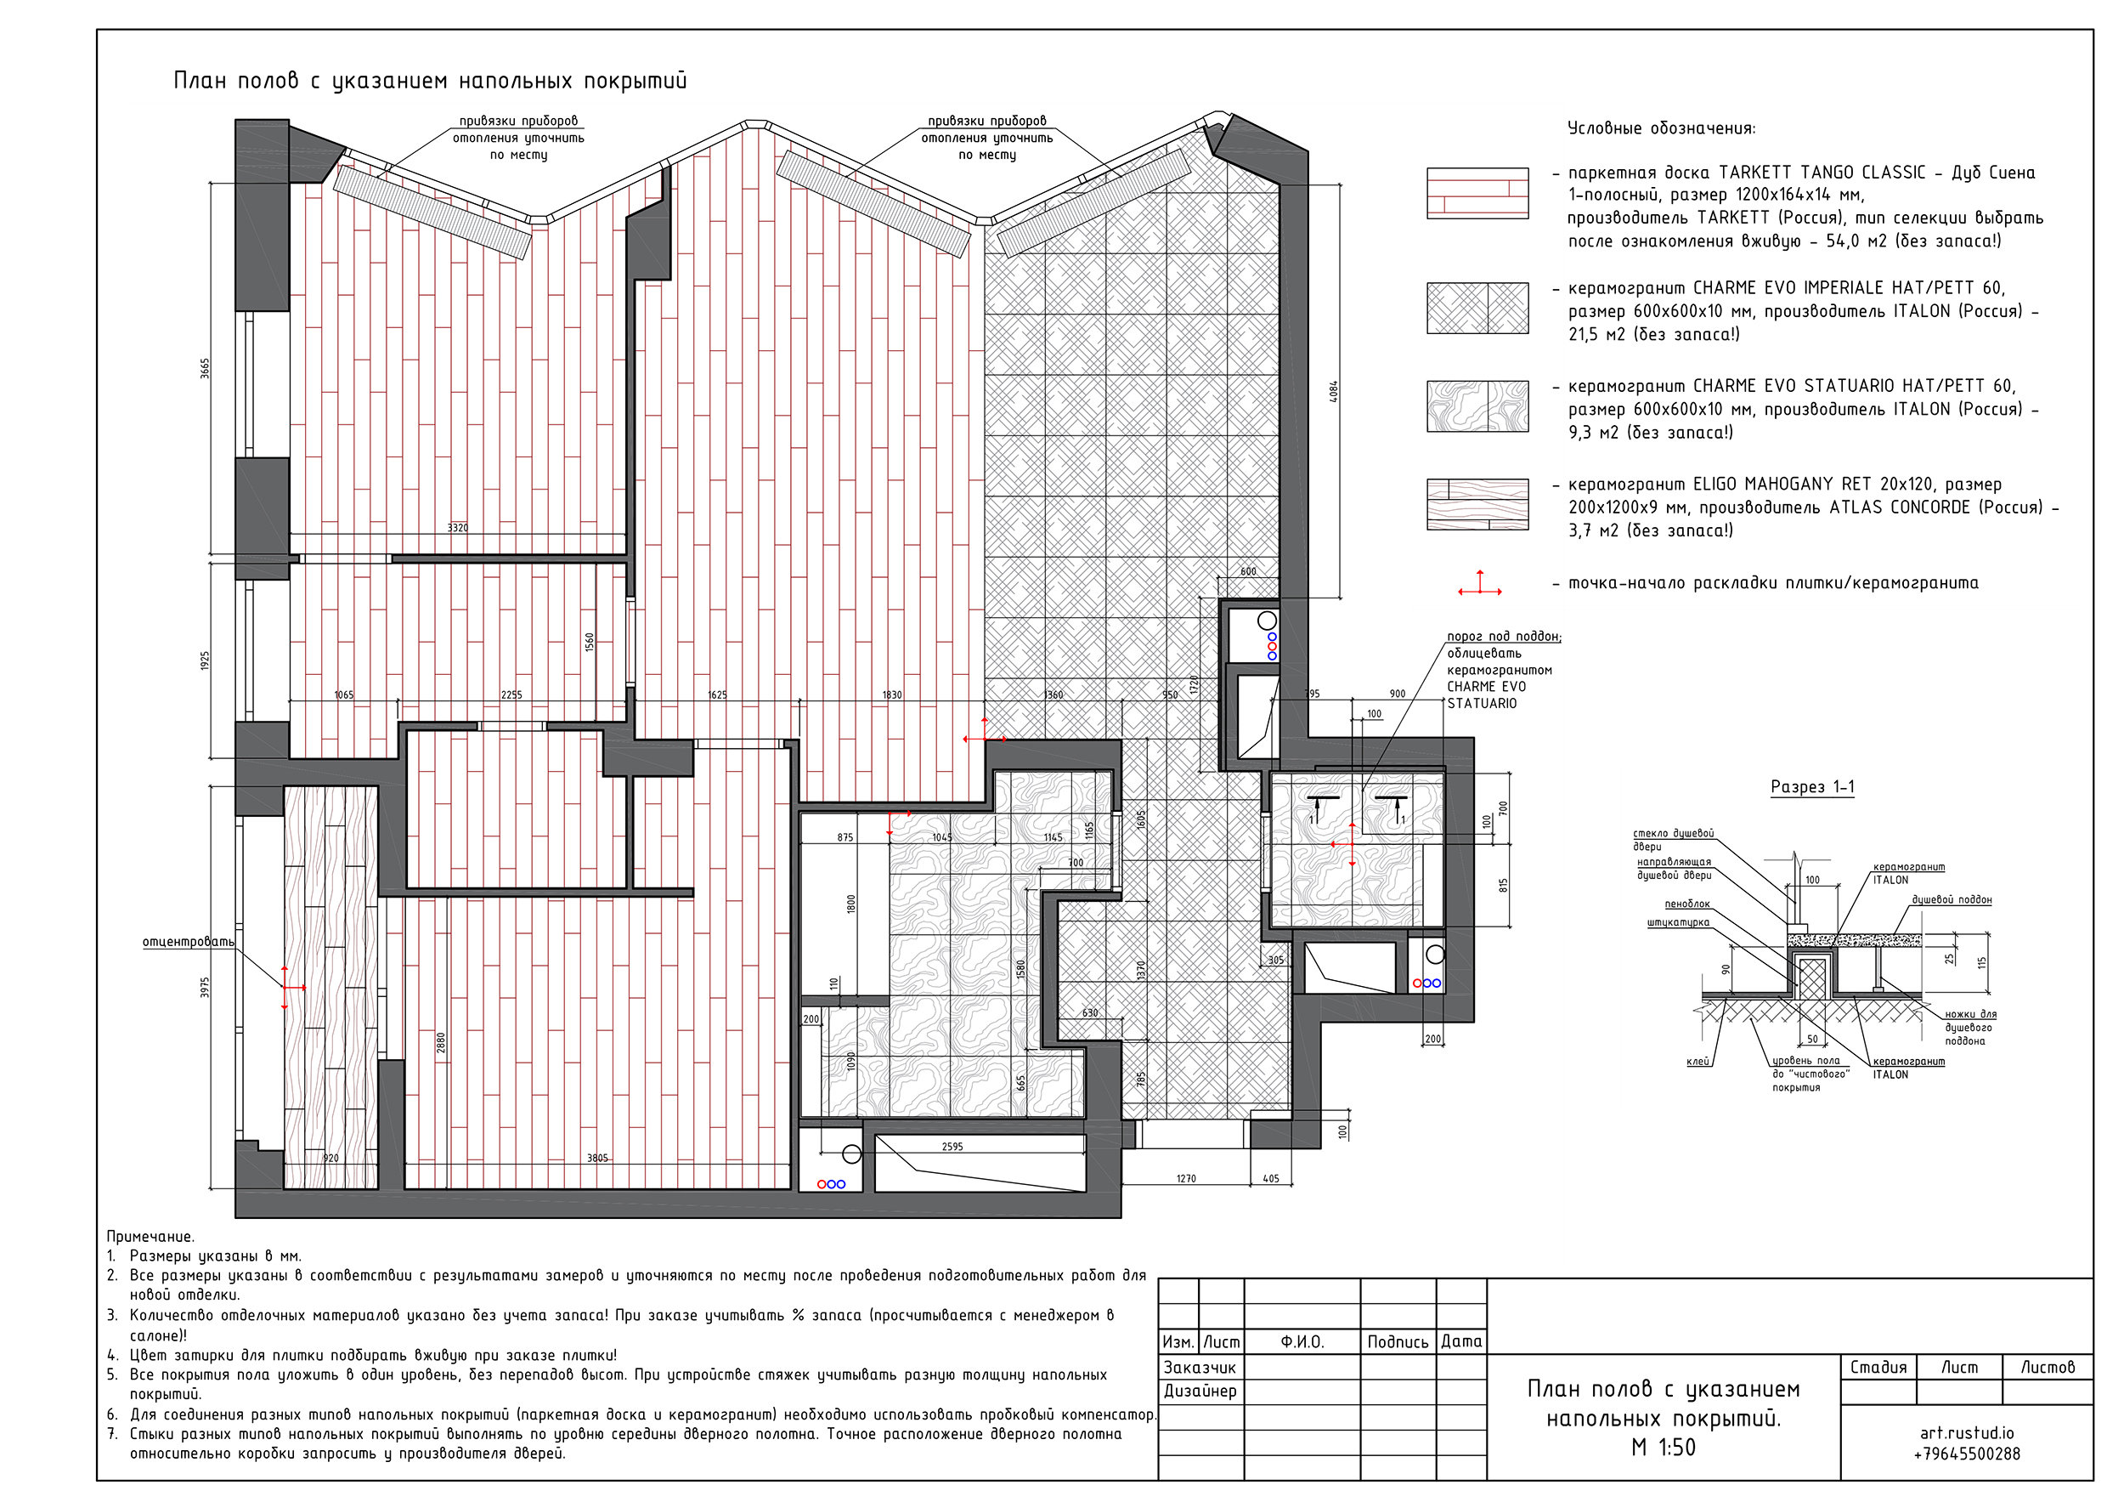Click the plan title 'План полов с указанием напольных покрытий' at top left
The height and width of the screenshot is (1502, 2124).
pyautogui.click(x=430, y=82)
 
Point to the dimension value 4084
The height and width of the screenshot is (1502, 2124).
pyautogui.click(x=1333, y=392)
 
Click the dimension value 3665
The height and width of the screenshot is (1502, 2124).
pyautogui.click(x=206, y=368)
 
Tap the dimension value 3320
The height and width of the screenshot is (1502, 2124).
pyautogui.click(x=458, y=528)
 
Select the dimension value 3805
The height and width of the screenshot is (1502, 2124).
pyautogui.click(x=597, y=1158)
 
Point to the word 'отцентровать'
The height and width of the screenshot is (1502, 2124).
pyautogui.click(x=188, y=942)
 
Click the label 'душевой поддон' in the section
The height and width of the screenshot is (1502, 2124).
pyautogui.click(x=1952, y=899)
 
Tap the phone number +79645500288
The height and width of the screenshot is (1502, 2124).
pyautogui.click(x=1967, y=1454)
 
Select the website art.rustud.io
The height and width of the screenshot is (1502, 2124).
pyautogui.click(x=1967, y=1432)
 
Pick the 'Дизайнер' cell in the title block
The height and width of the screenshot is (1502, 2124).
pyautogui.click(x=1200, y=1391)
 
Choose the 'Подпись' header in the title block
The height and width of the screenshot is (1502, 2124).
pyautogui.click(x=1398, y=1342)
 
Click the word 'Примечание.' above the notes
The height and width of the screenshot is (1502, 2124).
pyautogui.click(x=150, y=1238)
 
